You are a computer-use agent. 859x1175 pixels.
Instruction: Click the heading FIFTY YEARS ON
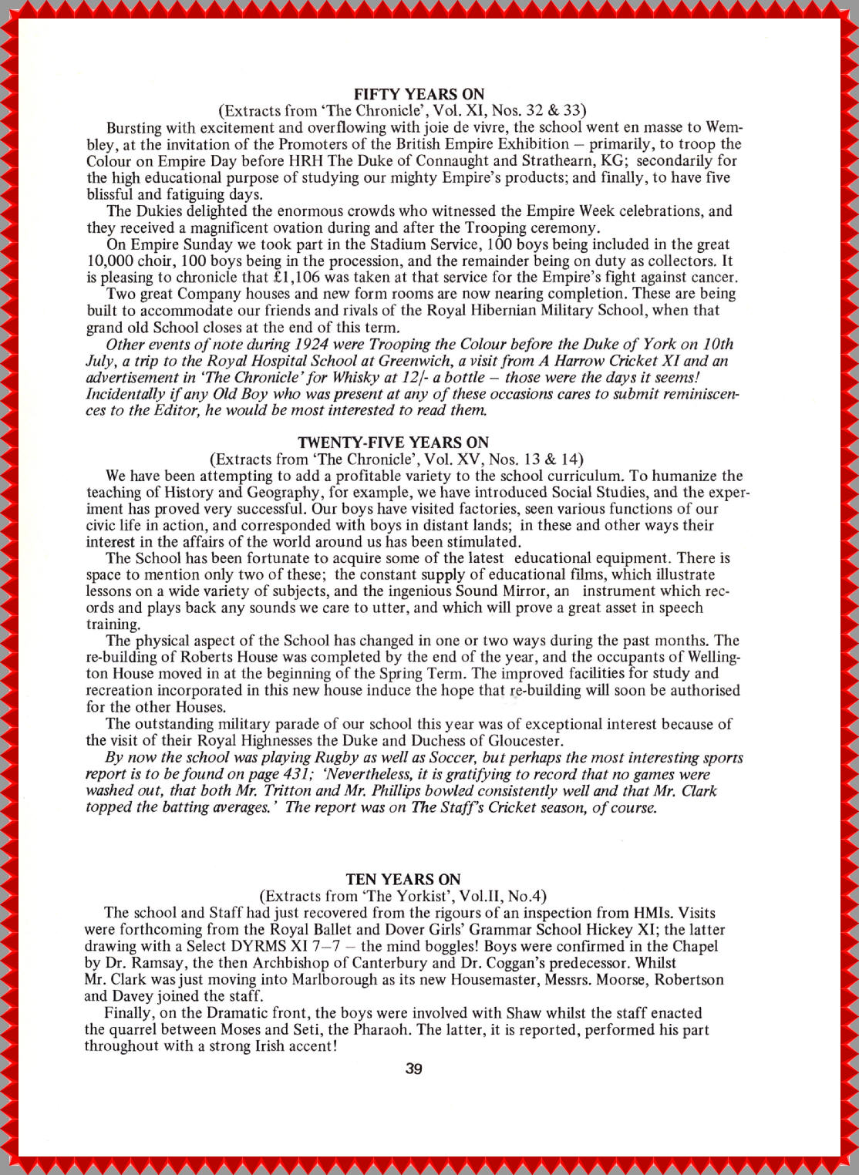click(x=419, y=94)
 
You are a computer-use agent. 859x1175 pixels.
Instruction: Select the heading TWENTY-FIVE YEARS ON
click(x=393, y=443)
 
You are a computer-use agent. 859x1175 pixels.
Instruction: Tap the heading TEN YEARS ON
click(x=403, y=880)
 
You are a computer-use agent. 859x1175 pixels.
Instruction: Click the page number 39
click(x=414, y=1069)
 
